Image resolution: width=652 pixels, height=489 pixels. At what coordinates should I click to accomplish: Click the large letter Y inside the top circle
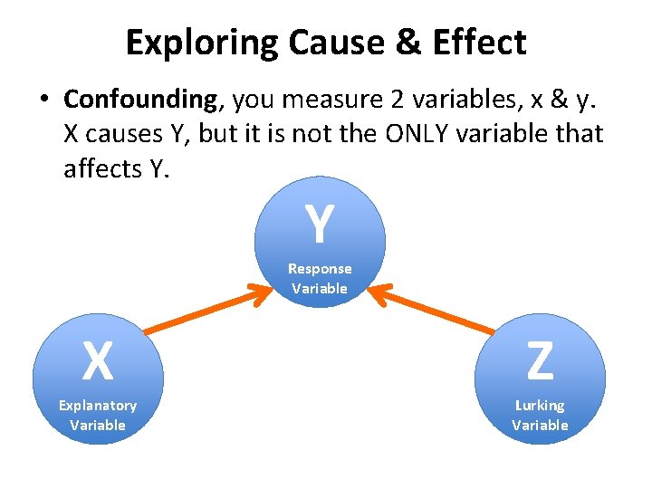pos(319,225)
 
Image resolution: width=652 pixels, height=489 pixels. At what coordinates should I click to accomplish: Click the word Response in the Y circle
pos(320,269)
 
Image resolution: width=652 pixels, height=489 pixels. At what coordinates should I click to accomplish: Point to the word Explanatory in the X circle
pos(98,406)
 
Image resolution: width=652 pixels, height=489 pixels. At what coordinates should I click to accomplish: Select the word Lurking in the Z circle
pos(540,406)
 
